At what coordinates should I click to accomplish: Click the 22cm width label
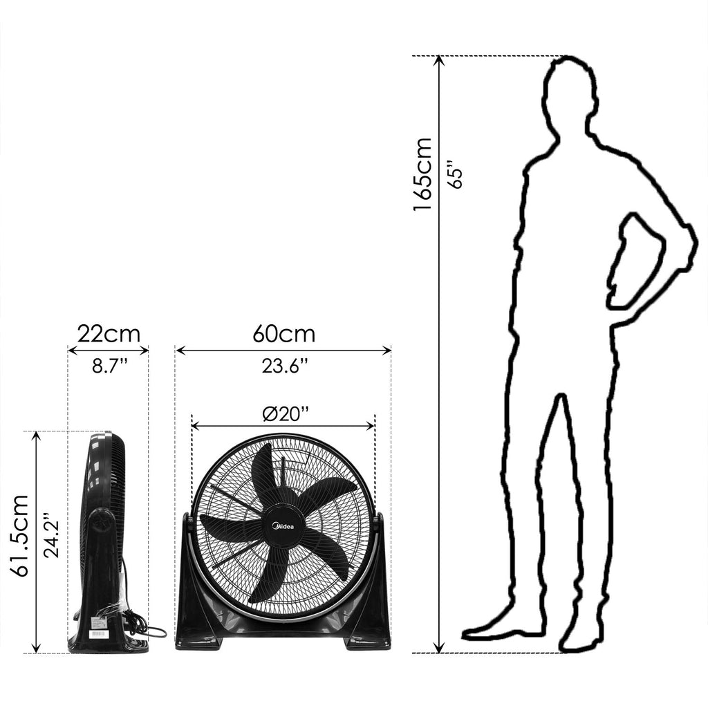[x=109, y=334]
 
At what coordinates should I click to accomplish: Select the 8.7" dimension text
[x=109, y=366]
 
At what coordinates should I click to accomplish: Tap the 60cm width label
[x=283, y=334]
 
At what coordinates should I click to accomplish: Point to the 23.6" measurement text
[x=285, y=366]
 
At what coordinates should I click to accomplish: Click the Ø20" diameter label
[x=286, y=413]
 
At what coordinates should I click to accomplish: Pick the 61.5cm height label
[x=19, y=536]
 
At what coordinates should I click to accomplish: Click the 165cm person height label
[x=422, y=174]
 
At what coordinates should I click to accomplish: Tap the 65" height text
[x=455, y=174]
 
